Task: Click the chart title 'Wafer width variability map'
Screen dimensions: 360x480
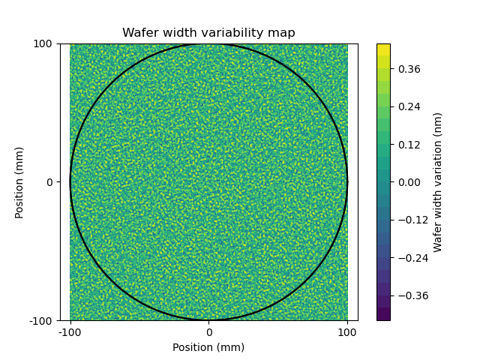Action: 208,33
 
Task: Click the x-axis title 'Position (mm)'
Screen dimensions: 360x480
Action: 208,347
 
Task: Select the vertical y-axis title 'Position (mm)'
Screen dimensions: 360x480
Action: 19,182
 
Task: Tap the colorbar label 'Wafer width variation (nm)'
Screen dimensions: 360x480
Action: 438,182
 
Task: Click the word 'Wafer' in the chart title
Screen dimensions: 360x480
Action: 139,33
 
